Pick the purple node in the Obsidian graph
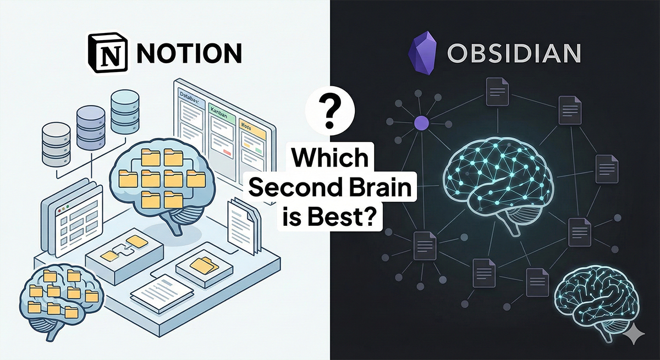tap(421, 122)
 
